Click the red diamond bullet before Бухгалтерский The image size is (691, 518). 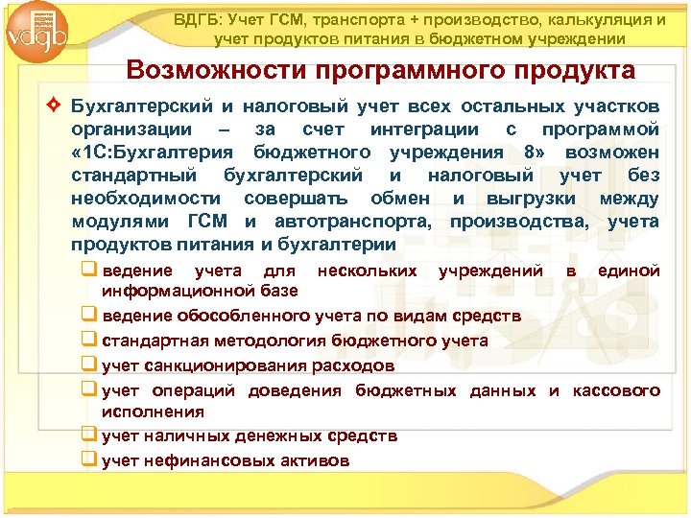tap(56, 105)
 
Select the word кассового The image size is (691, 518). tap(616, 390)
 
